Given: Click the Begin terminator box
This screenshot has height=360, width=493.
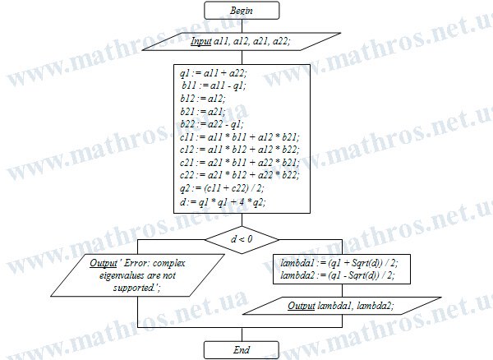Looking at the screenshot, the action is click(x=242, y=11).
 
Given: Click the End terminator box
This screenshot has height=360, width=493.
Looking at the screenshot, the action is click(x=242, y=350).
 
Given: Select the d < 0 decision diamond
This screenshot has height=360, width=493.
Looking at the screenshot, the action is click(x=242, y=239).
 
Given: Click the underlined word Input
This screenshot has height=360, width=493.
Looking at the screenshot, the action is click(x=200, y=41).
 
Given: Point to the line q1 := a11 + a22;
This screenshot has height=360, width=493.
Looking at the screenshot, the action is click(x=214, y=73).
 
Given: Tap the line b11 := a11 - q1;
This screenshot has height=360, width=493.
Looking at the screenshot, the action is click(x=214, y=85).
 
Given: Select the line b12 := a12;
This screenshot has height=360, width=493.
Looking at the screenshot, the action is click(x=203, y=99).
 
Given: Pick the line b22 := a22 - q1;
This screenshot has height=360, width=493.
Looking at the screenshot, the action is click(x=212, y=124).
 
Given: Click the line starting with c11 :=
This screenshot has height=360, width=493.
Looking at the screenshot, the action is click(x=240, y=137).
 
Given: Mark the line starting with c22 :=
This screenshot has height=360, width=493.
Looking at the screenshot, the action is click(x=240, y=175).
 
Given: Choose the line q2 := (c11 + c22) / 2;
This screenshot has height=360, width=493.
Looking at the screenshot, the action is click(x=222, y=188).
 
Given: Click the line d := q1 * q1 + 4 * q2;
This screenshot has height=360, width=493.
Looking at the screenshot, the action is click(x=223, y=202).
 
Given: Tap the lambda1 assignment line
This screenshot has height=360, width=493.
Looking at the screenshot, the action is click(x=339, y=263).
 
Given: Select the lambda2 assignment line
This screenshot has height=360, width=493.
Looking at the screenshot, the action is click(x=338, y=275).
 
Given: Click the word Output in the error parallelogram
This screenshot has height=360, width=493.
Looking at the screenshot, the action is click(x=103, y=263).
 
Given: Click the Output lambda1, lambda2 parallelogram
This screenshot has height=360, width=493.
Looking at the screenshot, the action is click(x=342, y=306).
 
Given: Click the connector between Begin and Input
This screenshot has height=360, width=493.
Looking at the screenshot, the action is click(x=242, y=25).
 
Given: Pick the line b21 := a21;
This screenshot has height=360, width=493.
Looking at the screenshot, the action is click(x=203, y=112).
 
